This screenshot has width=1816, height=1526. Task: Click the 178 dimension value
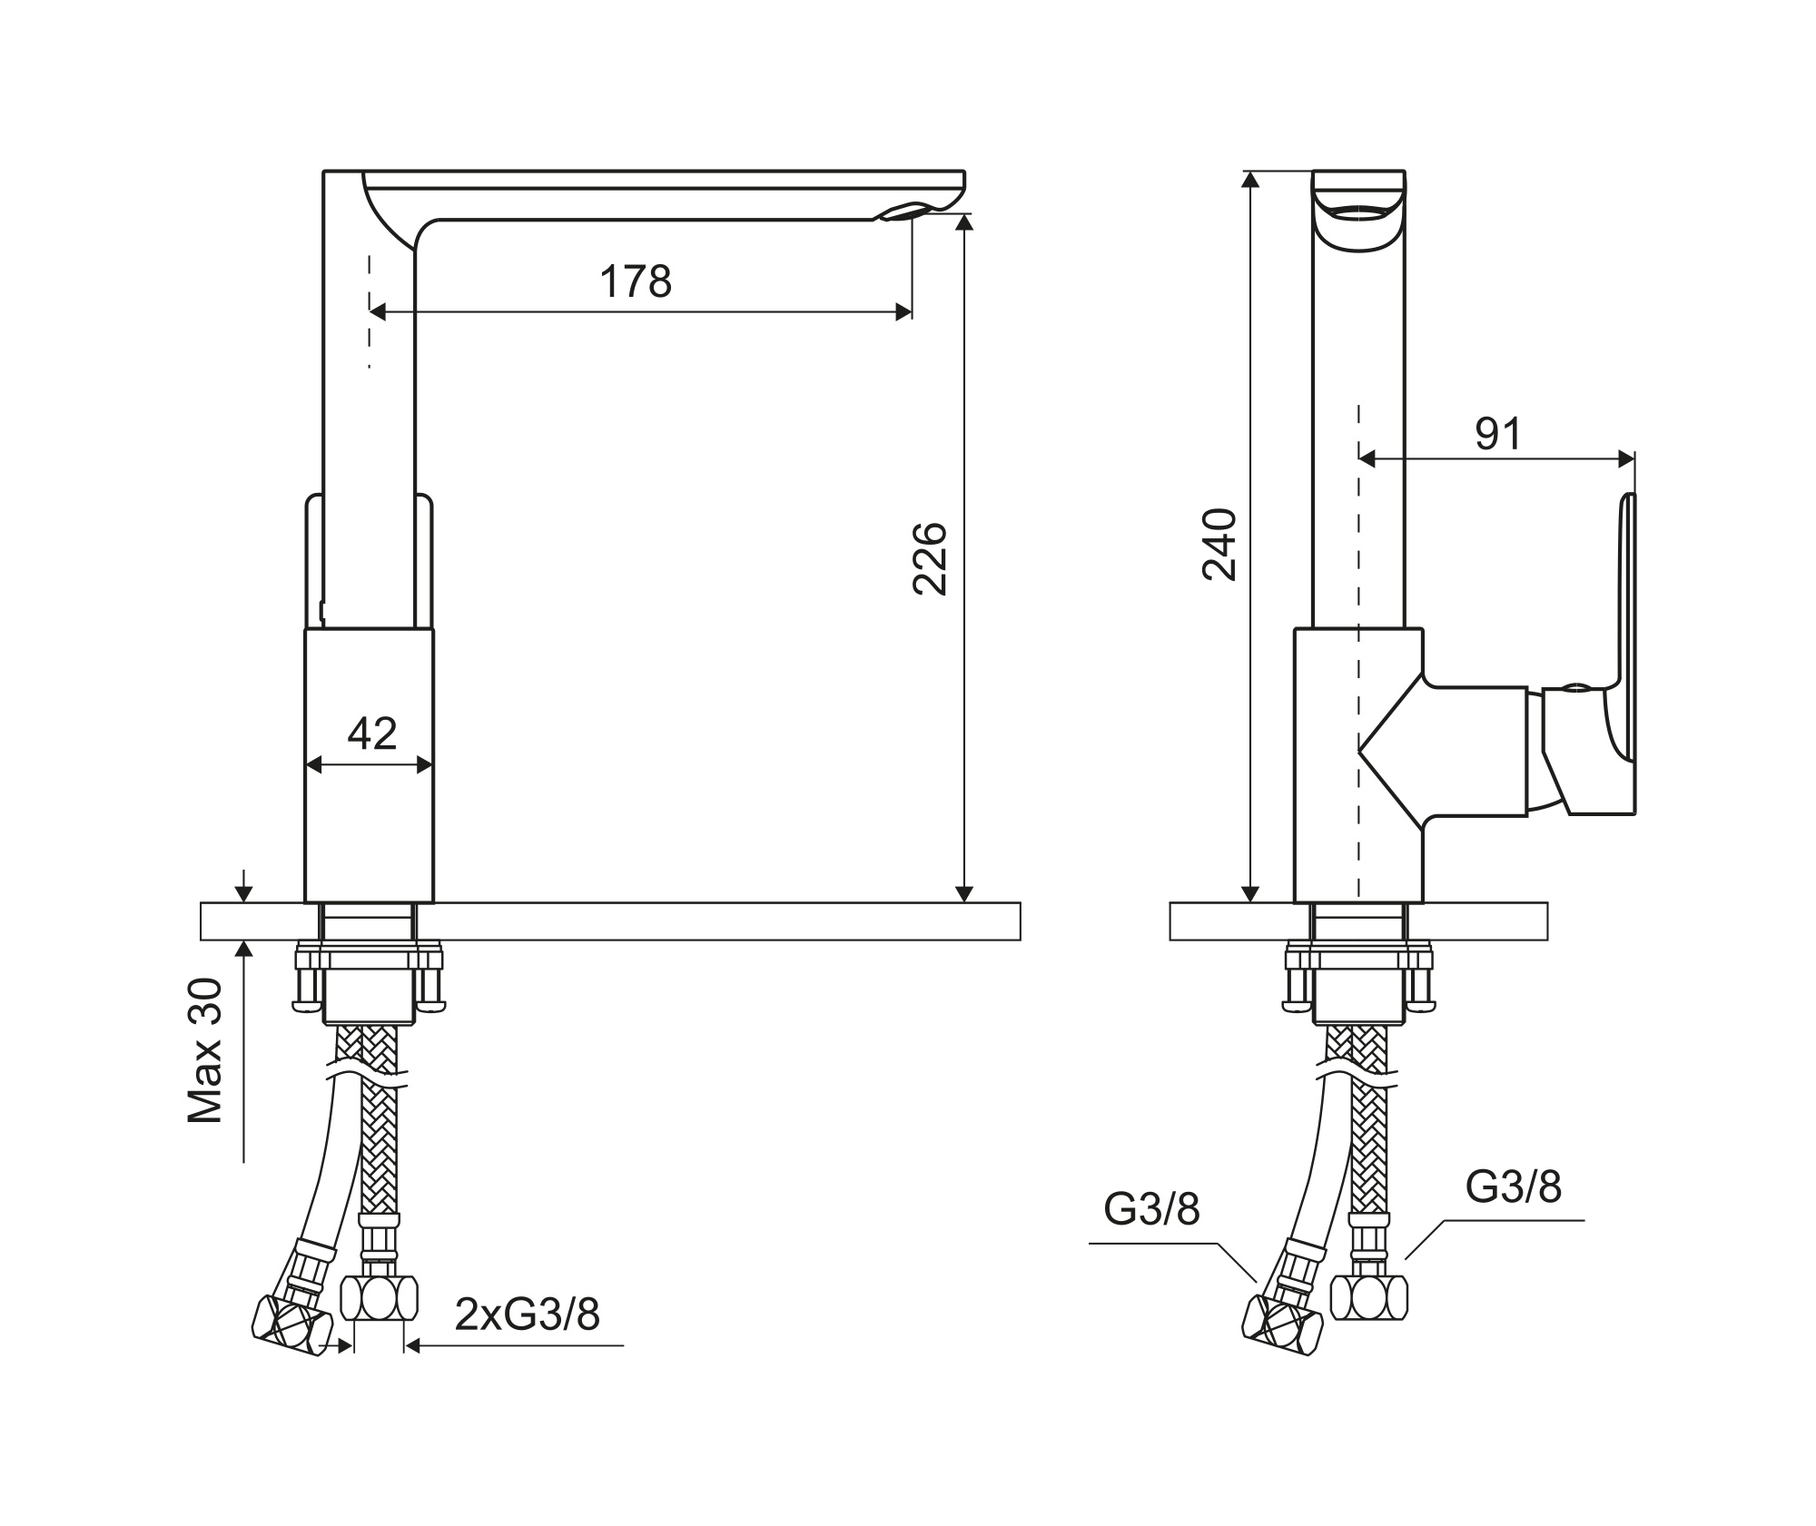(x=636, y=281)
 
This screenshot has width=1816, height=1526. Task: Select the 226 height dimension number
(x=930, y=558)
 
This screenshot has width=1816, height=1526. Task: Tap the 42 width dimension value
(x=372, y=733)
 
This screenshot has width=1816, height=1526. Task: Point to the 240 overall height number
(x=1219, y=544)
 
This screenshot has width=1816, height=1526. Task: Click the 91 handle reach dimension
(x=1497, y=434)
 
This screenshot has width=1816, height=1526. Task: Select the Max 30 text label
(x=205, y=1051)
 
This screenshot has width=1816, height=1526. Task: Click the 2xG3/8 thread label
(x=527, y=1314)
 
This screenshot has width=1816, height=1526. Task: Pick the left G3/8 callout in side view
(x=1151, y=1209)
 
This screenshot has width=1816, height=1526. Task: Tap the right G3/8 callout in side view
(x=1513, y=1186)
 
